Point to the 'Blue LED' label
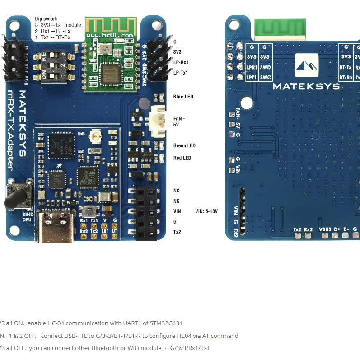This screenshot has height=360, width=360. tap(183, 97)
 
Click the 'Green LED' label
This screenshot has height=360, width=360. tap(184, 146)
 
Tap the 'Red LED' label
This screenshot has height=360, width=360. tap(182, 158)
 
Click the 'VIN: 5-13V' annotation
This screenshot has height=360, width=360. tap(206, 211)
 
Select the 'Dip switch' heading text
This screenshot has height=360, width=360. tap(46, 19)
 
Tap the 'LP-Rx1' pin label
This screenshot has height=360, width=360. tap(181, 62)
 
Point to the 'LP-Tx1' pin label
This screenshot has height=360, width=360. tap(181, 73)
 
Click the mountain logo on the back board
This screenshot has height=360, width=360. tap(307, 68)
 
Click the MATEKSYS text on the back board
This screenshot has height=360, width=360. tap(306, 86)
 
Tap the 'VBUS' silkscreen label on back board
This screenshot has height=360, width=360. tap(325, 229)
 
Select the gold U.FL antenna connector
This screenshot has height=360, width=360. tap(95, 135)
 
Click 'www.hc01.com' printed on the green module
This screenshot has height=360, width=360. tap(109, 35)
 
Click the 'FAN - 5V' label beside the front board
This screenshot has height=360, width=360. tap(179, 122)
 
